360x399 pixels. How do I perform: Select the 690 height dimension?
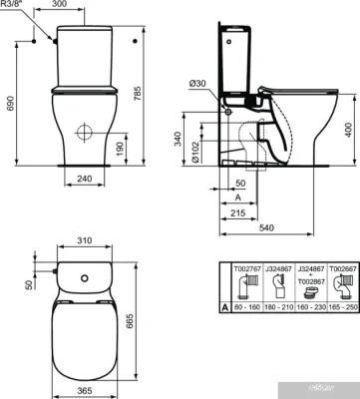(10, 102)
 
